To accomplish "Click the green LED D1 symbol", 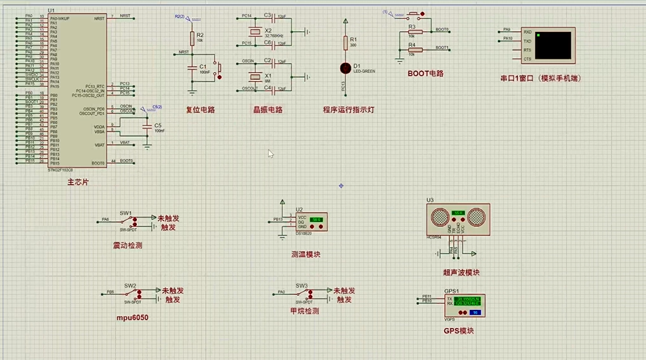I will (346, 67).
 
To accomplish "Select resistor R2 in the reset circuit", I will (192, 37).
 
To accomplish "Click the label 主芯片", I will (78, 183).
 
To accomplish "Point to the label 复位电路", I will (200, 110).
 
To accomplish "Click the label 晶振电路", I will (267, 110).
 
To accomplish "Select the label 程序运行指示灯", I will (349, 110).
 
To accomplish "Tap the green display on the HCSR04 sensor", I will (458, 213).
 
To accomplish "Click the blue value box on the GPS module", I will (474, 312).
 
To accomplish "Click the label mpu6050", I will (132, 317).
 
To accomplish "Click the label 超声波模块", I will (460, 273).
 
